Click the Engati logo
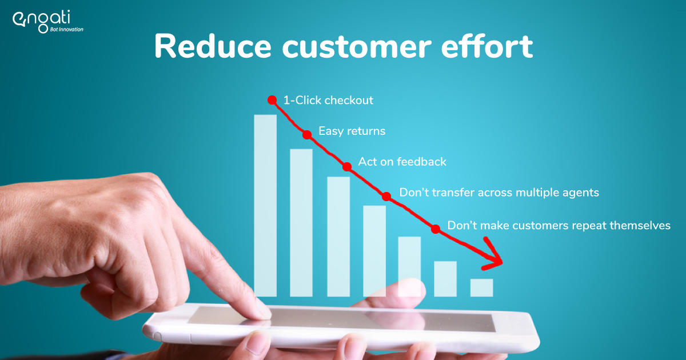47,22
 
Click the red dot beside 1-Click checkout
272,100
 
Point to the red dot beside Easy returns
307,135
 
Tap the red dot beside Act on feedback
347,167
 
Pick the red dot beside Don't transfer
386,197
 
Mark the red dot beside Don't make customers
436,229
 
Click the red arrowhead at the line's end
495,261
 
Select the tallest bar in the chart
265,205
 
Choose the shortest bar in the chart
481,287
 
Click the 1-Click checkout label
328,101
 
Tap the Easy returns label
352,131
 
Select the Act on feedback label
402,162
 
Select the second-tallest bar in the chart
301,222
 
